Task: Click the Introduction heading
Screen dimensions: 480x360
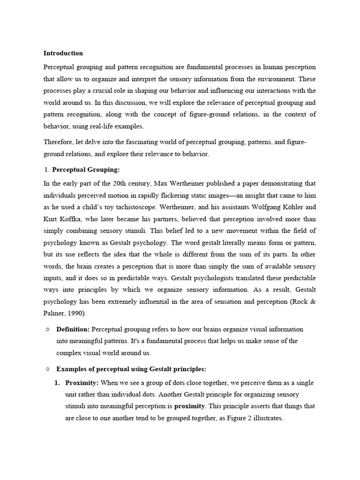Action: point(63,53)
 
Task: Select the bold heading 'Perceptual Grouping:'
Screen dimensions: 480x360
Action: point(86,169)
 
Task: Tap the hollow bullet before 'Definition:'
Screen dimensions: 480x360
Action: point(48,330)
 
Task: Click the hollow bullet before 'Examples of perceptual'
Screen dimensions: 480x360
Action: point(48,369)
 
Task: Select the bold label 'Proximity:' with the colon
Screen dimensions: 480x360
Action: point(82,382)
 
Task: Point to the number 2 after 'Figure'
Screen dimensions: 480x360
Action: point(249,418)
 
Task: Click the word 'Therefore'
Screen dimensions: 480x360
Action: point(59,142)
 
